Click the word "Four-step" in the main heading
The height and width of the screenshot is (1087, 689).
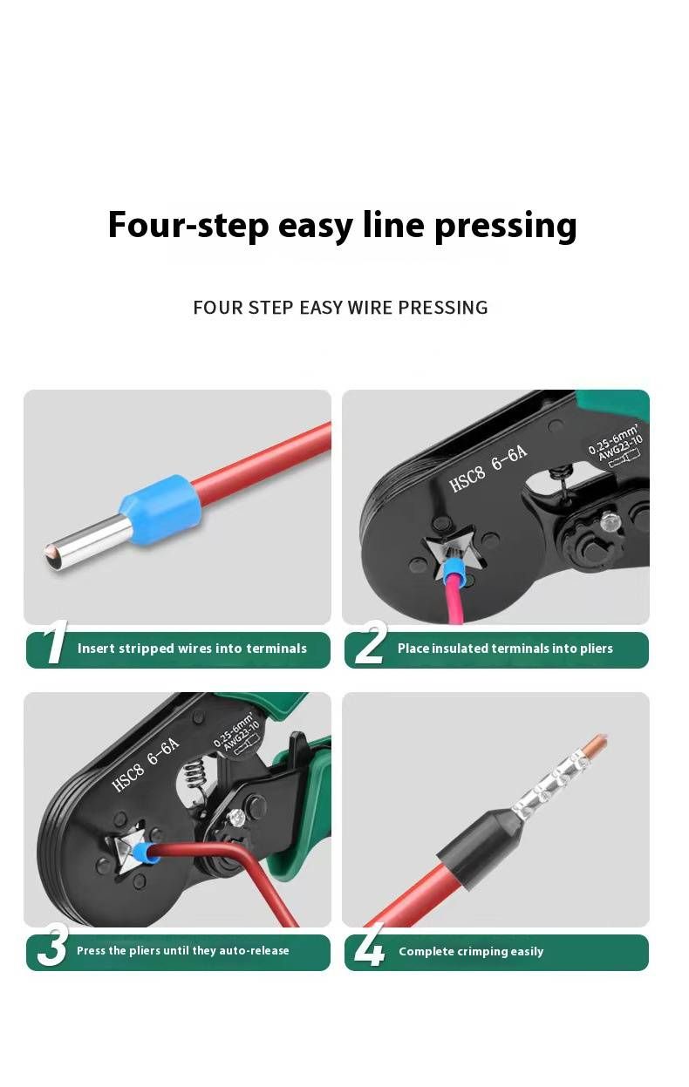188,225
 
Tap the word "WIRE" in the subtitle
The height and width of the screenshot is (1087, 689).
370,308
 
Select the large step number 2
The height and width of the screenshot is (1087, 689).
371,642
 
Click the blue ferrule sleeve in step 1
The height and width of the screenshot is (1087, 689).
161,508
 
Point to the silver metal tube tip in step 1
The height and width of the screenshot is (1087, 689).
88,543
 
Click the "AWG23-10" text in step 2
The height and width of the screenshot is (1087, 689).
620,448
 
